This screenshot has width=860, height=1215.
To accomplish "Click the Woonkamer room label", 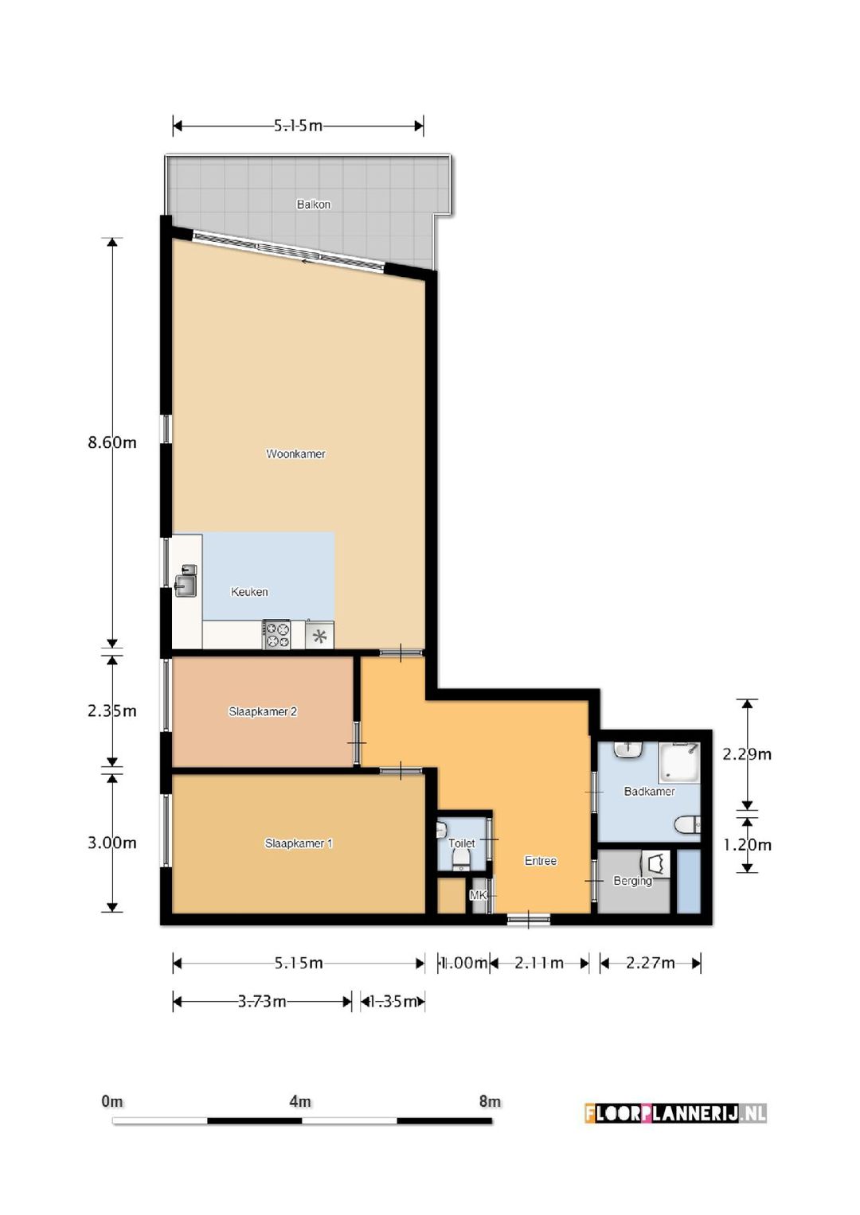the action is pos(295,454).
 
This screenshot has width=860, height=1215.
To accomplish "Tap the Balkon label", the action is pos(313,204).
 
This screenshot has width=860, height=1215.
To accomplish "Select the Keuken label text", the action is pos(249,592).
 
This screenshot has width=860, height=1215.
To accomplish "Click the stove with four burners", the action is pos(276,635).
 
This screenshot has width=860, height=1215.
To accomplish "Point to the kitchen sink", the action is pos(186,581).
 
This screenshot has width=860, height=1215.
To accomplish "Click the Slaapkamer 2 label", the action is pos(263,711).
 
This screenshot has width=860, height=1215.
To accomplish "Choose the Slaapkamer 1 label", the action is pos(299,843).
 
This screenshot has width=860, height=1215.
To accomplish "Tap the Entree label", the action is pos(540,861).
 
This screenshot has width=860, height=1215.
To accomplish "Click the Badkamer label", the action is pos(649,792).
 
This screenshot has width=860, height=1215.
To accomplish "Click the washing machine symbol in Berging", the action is pos(655,863).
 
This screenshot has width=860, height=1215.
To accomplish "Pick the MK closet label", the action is pos(478,895).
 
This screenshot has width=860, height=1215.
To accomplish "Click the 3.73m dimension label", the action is pos(262,1001).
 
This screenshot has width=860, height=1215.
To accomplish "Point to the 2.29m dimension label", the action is pos(747,754).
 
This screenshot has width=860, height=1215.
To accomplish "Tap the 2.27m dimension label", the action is pos(650,963).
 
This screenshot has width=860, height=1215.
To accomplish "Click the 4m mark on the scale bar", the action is pos(300,1102).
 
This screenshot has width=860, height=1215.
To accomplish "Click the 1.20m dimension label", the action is pos(747,844).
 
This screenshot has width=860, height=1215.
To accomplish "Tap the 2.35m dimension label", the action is pos(111,711).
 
